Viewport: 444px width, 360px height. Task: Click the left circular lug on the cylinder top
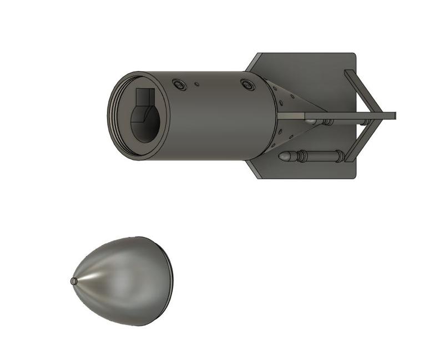point(179,84)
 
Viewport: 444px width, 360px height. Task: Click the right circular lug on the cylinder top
point(247,85)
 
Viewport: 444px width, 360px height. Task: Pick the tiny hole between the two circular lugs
point(196,84)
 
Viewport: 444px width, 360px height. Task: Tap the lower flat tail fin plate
point(311,167)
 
